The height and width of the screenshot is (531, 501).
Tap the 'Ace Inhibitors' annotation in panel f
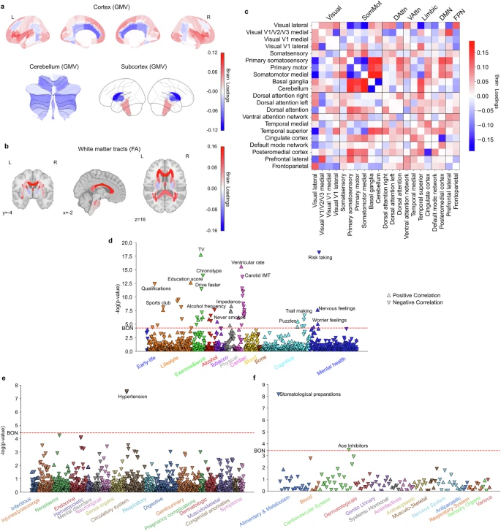[x=353, y=445]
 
